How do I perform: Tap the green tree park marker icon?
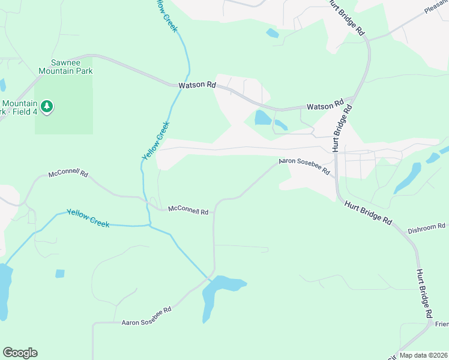47,107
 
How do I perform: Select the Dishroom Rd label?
427,227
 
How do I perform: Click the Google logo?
20,353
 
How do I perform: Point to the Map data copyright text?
423,355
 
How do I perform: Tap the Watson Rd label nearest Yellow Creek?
197,85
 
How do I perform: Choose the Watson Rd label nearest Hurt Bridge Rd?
325,106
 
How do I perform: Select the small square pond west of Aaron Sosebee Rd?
59,274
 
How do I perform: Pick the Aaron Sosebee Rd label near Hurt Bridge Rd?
304,167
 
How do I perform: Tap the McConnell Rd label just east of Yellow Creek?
188,211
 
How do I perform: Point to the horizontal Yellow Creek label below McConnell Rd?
88,217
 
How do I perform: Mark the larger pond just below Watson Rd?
263,118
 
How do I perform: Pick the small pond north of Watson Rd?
273,33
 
